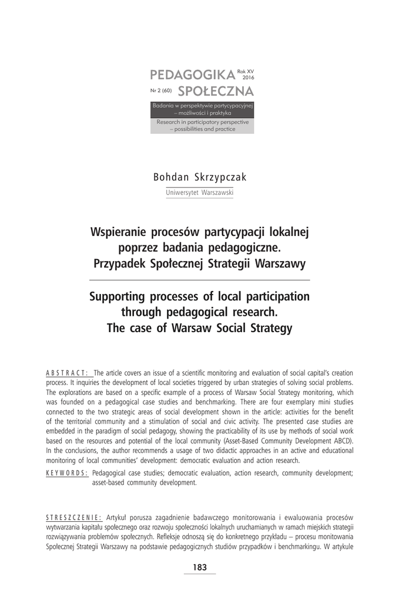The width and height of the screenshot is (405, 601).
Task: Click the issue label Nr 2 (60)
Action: (x=160, y=92)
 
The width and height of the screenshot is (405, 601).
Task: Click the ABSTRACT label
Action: (x=67, y=373)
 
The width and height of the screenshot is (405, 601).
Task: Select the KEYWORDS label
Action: (x=67, y=472)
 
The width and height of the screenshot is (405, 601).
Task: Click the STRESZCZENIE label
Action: (x=73, y=517)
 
